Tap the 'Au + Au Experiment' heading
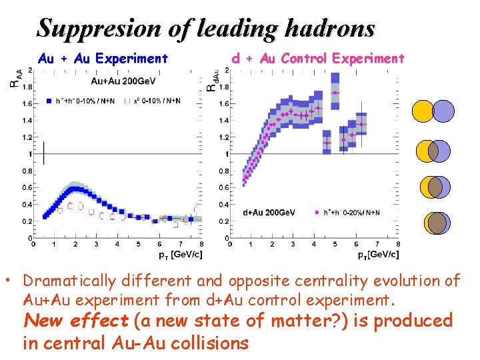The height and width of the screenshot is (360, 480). pyautogui.click(x=103, y=59)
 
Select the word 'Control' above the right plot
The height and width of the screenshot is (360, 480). pyautogui.click(x=305, y=59)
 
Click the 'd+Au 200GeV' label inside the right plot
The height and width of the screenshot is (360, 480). pyautogui.click(x=269, y=213)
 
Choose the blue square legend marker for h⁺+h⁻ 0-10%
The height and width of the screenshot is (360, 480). pyautogui.click(x=49, y=101)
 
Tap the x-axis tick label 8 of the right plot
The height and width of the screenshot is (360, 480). pyautogui.click(x=398, y=245)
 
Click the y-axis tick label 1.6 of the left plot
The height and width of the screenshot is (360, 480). pyautogui.click(x=27, y=104)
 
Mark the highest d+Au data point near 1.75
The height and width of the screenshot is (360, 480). pyautogui.click(x=335, y=92)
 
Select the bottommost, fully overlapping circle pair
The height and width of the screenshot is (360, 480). pyautogui.click(x=437, y=223)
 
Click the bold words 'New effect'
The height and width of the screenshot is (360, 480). pyautogui.click(x=75, y=321)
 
